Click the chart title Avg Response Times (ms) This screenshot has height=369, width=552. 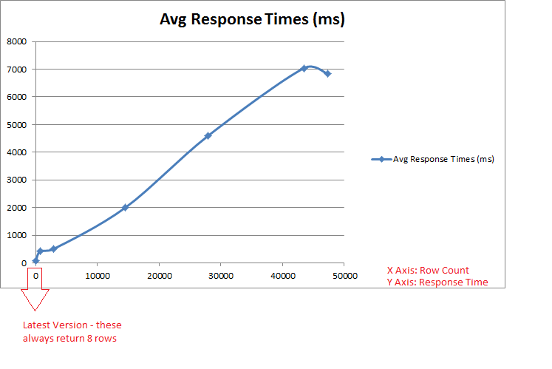(x=252, y=20)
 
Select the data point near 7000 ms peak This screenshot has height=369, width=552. (x=304, y=68)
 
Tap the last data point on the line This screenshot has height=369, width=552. (x=327, y=73)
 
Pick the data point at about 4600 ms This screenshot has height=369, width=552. (x=208, y=135)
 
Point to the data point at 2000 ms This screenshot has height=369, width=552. (x=125, y=207)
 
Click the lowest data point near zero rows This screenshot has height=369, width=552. (x=35, y=260)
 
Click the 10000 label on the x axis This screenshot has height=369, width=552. (x=98, y=276)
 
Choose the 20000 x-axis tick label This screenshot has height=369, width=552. (x=160, y=276)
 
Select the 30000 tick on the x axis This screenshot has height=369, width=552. (x=221, y=276)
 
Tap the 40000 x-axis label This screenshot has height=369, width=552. (x=283, y=276)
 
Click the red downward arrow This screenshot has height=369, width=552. (x=35, y=298)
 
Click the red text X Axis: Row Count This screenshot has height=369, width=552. (x=427, y=270)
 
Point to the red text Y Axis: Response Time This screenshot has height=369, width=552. (x=437, y=282)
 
